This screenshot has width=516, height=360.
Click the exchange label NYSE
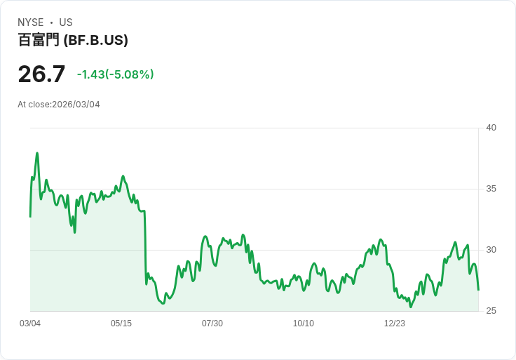coord(31,22)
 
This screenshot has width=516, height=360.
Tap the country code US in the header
coord(66,22)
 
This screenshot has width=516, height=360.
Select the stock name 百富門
coord(39,41)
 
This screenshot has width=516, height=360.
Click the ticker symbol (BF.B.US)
coord(95,41)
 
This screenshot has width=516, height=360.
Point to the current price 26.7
coord(41,74)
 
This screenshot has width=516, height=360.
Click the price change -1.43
coord(90,74)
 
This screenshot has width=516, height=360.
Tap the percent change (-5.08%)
coord(130,74)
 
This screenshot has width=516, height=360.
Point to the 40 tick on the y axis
coord(491,128)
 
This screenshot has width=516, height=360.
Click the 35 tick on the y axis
coord(491,189)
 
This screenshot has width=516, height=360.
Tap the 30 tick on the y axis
coord(491,250)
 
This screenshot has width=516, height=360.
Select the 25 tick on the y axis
coord(491,311)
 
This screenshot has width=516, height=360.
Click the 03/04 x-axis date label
coord(30,324)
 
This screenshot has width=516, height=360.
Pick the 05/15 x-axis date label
coord(121,324)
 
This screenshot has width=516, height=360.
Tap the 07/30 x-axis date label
coord(212,324)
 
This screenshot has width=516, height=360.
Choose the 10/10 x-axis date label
coord(304,324)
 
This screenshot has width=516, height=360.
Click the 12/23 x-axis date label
coord(395,324)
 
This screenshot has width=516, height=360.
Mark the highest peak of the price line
coord(37,153)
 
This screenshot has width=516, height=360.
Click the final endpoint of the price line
coord(478,290)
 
